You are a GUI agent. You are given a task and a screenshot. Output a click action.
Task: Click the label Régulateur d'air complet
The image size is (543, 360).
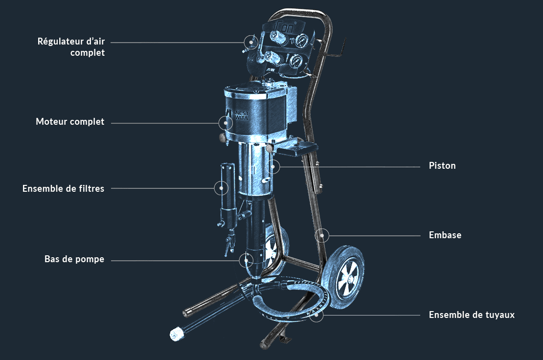pyautogui.click(x=71, y=47)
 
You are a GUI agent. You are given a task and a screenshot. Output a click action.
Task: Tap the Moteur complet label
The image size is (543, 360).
pyautogui.click(x=70, y=121)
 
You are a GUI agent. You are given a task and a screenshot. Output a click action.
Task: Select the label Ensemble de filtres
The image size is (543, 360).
pyautogui.click(x=64, y=188)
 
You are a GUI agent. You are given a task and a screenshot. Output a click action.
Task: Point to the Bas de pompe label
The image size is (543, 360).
pyautogui.click(x=74, y=259)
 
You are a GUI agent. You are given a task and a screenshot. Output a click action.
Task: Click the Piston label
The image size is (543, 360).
pyautogui.click(x=442, y=165)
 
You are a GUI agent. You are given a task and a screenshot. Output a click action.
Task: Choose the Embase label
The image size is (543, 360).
pyautogui.click(x=445, y=235)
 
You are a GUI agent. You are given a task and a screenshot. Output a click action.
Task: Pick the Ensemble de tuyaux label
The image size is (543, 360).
pyautogui.click(x=472, y=315)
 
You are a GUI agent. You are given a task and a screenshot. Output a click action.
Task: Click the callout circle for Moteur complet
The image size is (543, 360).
pyautogui.click(x=226, y=123)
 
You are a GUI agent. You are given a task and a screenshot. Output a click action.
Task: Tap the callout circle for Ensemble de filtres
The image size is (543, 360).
pyautogui.click(x=221, y=188)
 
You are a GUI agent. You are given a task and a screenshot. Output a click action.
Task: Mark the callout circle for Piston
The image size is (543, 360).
pyautogui.click(x=273, y=166)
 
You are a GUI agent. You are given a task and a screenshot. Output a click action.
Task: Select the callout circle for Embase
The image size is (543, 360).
pyautogui.click(x=322, y=235)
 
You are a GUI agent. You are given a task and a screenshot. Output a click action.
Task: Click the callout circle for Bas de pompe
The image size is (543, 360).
pyautogui.click(x=246, y=260)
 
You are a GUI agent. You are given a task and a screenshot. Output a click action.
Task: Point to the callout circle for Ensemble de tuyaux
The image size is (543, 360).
pyautogui.click(x=317, y=315)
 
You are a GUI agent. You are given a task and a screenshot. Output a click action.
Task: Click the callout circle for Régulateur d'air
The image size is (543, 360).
pyautogui.click(x=251, y=42)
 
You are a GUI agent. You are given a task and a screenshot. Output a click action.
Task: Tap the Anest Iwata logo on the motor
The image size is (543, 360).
pyautogui.click(x=237, y=114)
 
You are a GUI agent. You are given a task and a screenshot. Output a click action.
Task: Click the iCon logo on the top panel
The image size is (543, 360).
pyautogui.click(x=285, y=26)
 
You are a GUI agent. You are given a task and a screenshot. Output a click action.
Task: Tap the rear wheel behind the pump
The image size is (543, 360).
pyautogui.click(x=276, y=247)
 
